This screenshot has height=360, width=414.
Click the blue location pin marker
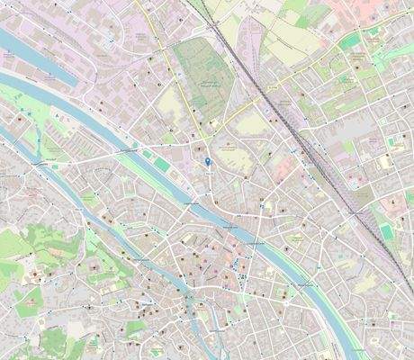click(x=208, y=161)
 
